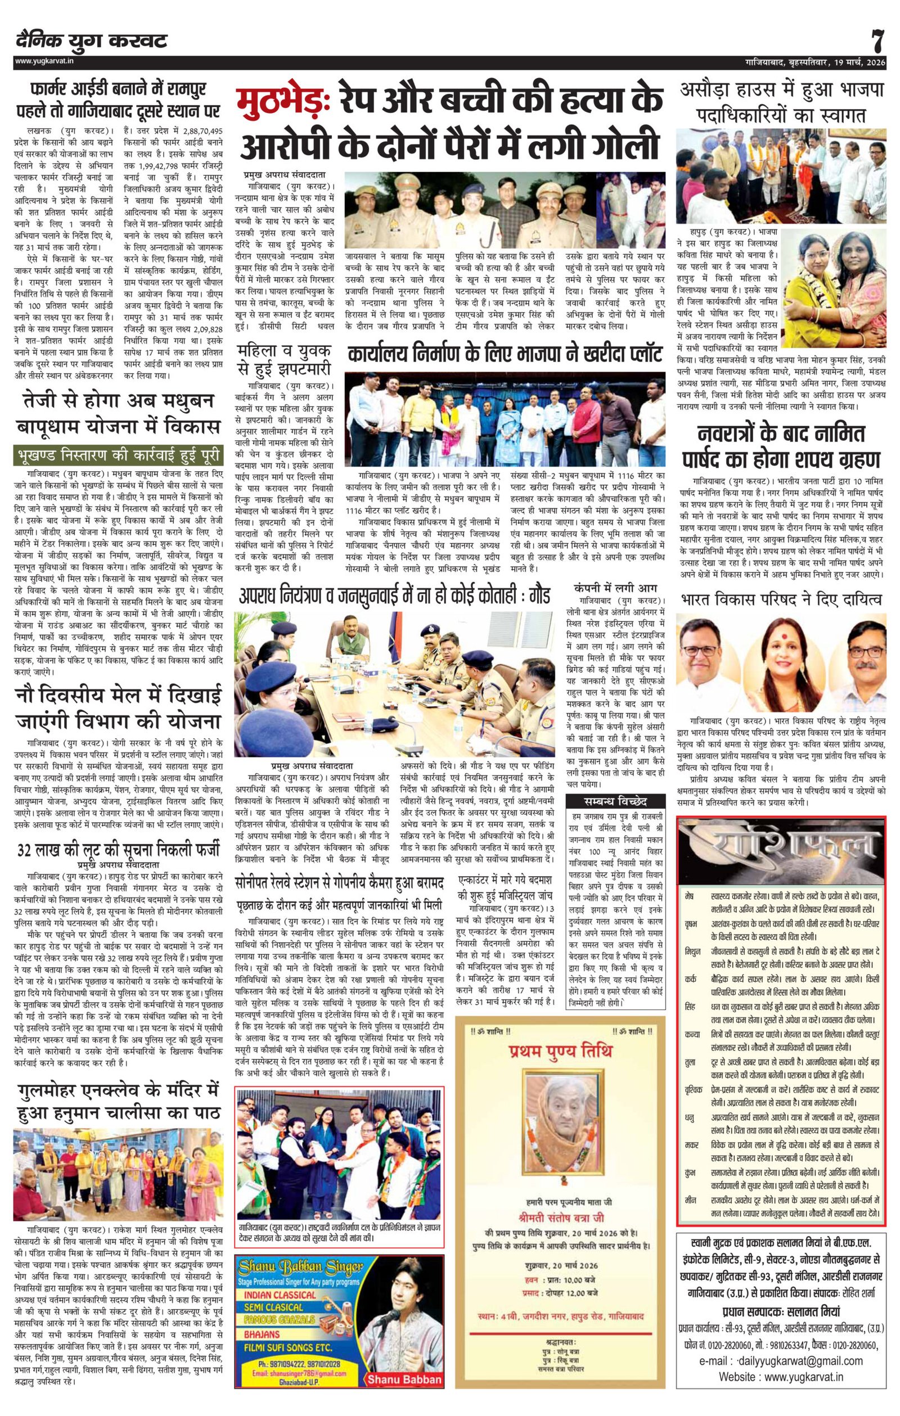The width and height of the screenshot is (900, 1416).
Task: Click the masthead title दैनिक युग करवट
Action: pos(92,41)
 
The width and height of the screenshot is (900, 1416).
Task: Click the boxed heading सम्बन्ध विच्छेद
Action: pos(615,801)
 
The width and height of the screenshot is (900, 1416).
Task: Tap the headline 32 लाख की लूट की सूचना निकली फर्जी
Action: pos(118,850)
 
